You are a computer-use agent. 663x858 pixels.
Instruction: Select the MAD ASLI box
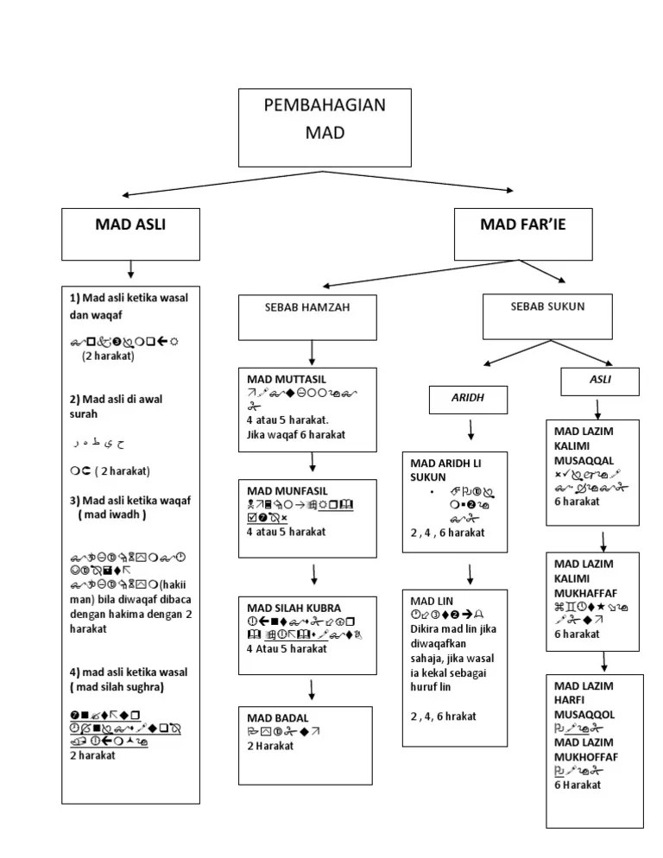[x=130, y=234]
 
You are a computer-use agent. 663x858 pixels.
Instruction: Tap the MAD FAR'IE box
[x=523, y=234]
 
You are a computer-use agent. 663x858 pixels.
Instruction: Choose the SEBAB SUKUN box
[x=547, y=316]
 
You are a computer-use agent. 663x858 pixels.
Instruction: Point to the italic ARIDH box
[x=469, y=400]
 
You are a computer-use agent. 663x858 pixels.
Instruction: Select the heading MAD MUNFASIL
[x=287, y=490]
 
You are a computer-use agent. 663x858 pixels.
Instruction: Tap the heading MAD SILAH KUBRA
[x=294, y=607]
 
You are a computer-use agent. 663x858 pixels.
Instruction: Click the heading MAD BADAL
[x=277, y=717]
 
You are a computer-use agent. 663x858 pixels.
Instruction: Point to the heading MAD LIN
[x=432, y=600]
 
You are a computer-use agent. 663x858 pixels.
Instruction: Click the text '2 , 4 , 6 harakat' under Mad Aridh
[x=447, y=533]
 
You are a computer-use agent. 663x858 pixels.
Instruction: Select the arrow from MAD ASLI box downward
[x=130, y=270]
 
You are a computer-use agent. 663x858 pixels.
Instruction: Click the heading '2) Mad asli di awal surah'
[x=116, y=406]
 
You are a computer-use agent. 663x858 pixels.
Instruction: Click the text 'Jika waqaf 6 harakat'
[x=295, y=434]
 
